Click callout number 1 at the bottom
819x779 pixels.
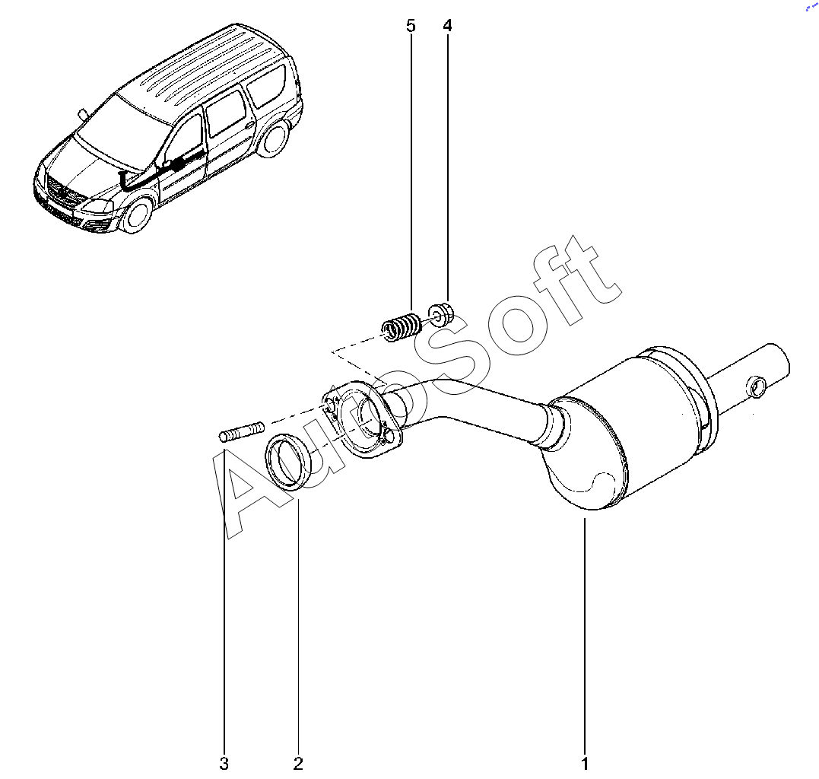pos(585,763)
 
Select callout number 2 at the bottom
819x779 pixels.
pos(298,763)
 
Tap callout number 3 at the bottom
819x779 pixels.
pos(224,763)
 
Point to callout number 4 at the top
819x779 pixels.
pos(447,26)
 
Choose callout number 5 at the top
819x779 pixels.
pos(411,26)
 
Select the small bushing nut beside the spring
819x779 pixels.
pos(440,313)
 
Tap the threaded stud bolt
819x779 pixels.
pos(240,434)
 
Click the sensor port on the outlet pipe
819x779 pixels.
pos(755,386)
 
